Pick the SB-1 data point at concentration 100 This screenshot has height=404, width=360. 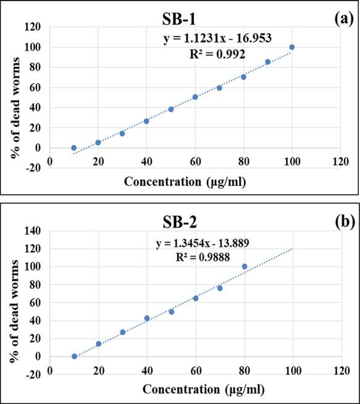(x=292, y=47)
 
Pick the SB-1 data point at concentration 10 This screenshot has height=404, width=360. (x=74, y=148)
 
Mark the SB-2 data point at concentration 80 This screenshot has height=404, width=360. (x=244, y=266)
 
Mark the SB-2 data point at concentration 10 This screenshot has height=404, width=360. (x=74, y=357)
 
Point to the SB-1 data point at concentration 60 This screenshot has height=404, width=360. (x=195, y=97)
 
